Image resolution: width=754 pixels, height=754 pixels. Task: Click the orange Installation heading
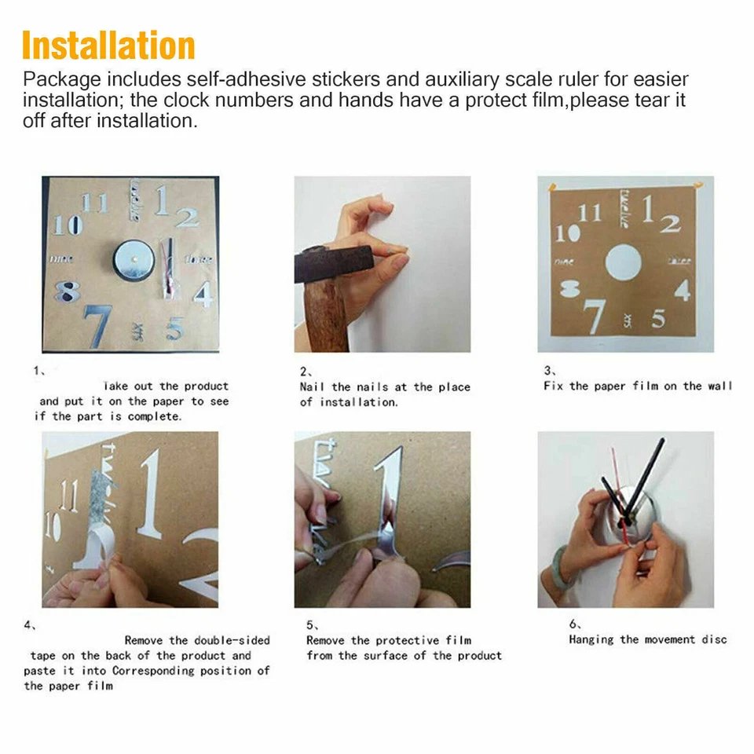coord(108,46)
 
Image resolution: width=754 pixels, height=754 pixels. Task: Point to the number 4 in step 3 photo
coord(682,290)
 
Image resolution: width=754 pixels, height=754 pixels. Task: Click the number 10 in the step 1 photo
coord(68,225)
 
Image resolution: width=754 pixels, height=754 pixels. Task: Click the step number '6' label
coord(573,624)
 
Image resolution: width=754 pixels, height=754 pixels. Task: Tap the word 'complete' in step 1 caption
coord(154,416)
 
